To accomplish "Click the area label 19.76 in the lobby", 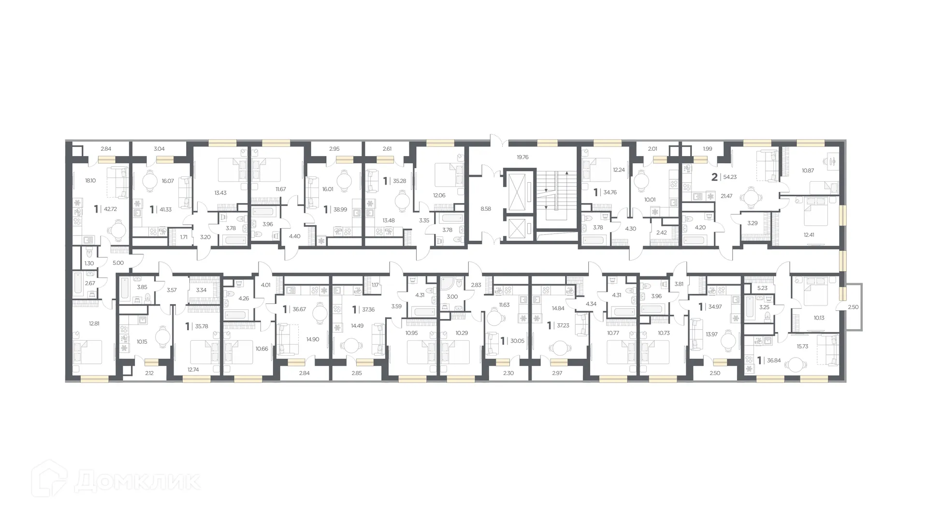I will point(522,157).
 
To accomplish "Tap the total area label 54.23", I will point(730,177).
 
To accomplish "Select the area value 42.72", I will point(111,209).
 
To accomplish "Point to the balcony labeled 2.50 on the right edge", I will point(854,307).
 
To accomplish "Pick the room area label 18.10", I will point(90,181).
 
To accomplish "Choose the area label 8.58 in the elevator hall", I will point(486,209).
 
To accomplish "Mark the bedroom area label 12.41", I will point(809,235).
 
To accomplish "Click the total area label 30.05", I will point(517,341).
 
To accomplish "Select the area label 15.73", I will point(802,347).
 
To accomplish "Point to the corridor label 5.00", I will point(118,263).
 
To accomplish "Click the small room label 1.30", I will point(89,263).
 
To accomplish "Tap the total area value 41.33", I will point(166,210).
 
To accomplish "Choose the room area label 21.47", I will point(726,196).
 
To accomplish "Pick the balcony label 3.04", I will point(159,149).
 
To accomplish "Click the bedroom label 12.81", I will point(94,324).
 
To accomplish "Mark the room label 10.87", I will point(808,171).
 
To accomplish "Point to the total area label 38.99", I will point(340,210).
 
